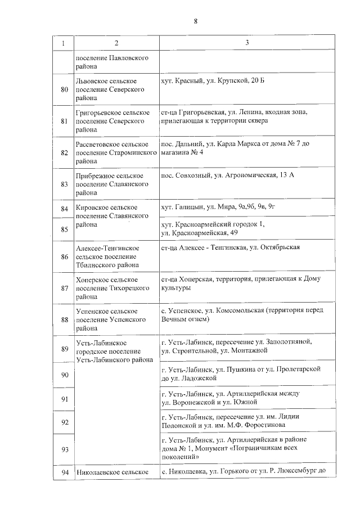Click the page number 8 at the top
coord(195,21)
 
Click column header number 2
coord(116,43)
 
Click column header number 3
coord(247,43)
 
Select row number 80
coord(64,89)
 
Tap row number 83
coord(64,184)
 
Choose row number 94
coord(64,472)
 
